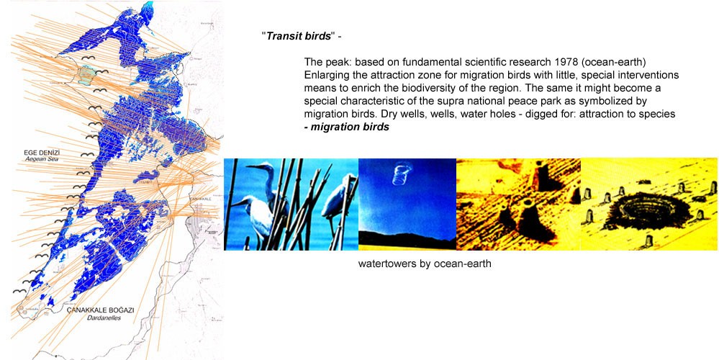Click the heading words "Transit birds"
(x=299, y=36)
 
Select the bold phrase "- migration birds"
(x=347, y=127)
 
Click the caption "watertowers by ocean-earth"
(x=425, y=264)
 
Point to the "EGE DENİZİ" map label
(x=42, y=152)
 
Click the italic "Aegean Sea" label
(x=42, y=159)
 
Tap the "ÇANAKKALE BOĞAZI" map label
(x=101, y=310)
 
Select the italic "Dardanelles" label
(x=104, y=318)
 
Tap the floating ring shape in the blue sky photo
(x=401, y=175)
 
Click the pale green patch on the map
(x=86, y=75)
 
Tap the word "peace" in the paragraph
(x=571, y=101)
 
